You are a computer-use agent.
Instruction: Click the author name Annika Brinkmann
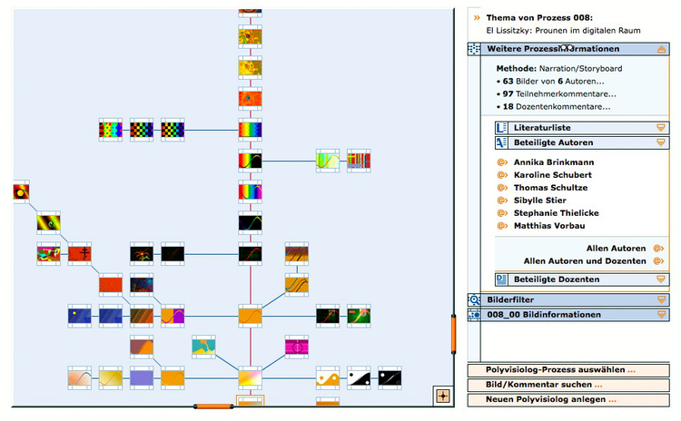click(x=551, y=162)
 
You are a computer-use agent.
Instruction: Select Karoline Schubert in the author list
click(x=552, y=175)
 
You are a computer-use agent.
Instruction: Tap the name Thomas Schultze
click(x=550, y=188)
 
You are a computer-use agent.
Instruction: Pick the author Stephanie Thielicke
click(x=556, y=213)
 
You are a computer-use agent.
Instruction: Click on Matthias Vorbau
click(x=548, y=226)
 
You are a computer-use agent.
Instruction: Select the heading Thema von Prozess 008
click(x=539, y=17)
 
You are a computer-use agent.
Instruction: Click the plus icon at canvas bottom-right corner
click(x=442, y=396)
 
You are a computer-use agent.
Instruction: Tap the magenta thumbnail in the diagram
click(x=297, y=347)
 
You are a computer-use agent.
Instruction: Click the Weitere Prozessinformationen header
click(x=553, y=49)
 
